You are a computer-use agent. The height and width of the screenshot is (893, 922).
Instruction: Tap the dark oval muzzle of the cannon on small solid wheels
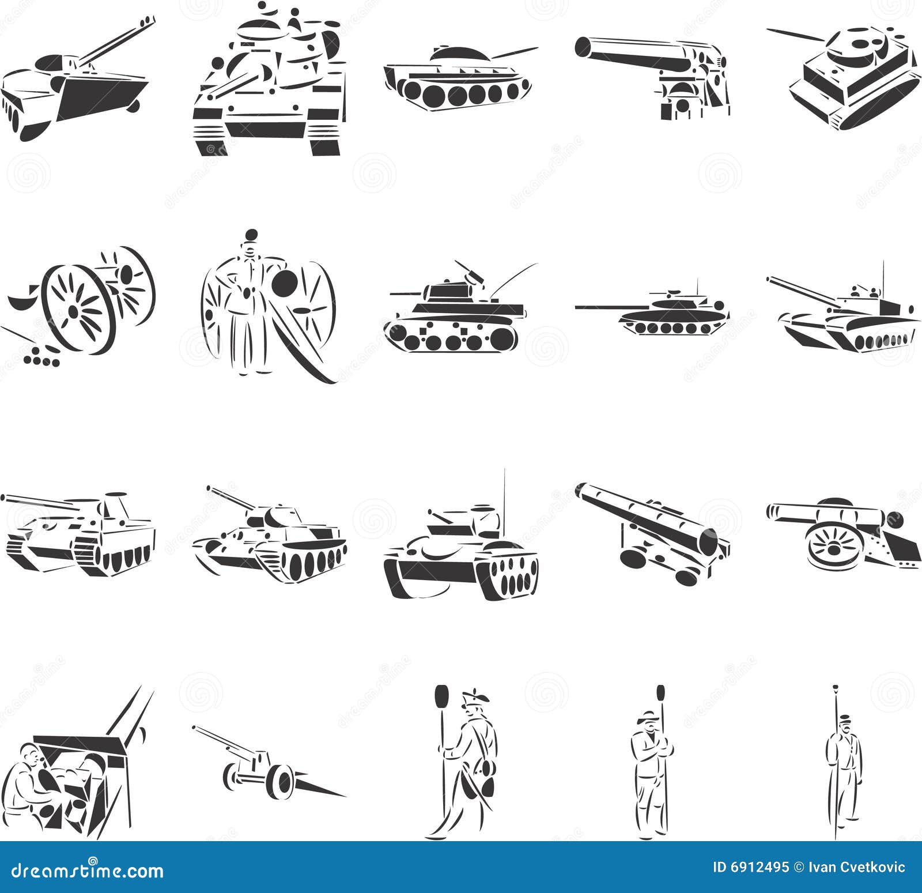click(x=708, y=541)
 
